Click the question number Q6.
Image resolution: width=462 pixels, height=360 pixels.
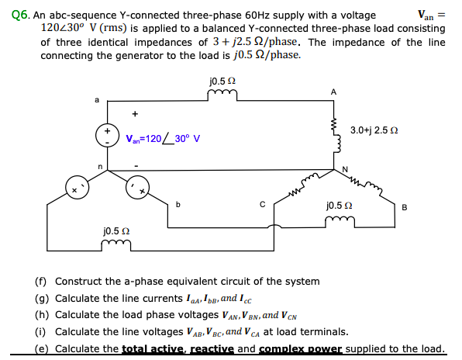point(10,15)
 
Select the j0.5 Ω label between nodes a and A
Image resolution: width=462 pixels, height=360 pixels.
point(222,81)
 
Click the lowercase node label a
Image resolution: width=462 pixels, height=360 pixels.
point(96,99)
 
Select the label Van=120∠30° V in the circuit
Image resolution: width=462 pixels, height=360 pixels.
point(163,140)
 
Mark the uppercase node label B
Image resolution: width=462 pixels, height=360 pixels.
point(426,206)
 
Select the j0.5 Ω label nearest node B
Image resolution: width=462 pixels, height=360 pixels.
point(340,207)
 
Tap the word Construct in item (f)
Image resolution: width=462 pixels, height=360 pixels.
point(79,282)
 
